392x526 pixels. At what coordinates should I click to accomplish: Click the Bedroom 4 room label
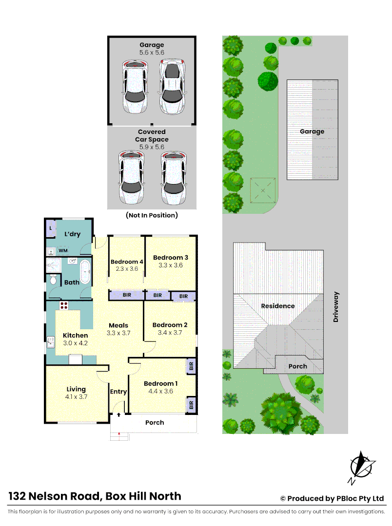124,262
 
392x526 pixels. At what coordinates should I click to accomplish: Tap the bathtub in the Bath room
85,271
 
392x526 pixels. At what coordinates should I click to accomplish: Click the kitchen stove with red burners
63,306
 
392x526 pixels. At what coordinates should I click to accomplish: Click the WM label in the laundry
63,251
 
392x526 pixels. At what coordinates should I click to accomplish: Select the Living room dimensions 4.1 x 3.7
76,397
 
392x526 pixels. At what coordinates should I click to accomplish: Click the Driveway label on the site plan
335,307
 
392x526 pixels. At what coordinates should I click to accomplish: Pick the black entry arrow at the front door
118,414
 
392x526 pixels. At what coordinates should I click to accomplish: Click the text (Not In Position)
152,215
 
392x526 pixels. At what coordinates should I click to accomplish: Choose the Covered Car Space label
152,135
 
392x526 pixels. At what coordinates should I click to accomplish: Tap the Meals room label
118,325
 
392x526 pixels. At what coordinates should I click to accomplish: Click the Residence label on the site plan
278,306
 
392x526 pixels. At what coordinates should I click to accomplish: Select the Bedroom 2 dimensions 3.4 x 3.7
170,333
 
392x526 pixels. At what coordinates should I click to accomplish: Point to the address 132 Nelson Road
95,496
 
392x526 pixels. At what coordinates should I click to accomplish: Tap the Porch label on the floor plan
155,422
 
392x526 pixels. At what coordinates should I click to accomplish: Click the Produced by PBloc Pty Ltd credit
332,498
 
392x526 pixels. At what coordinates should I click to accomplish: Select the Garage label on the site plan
312,131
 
